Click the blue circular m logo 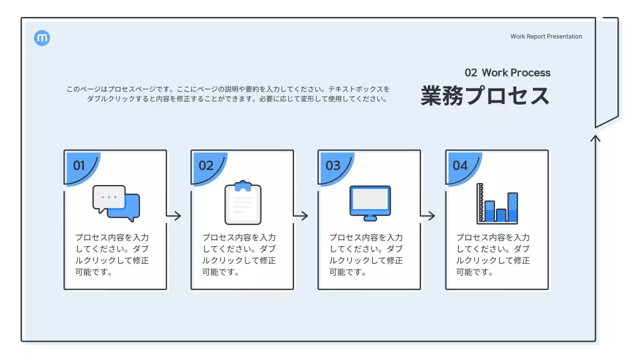point(42,38)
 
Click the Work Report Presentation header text point(546,36)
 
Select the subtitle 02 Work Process point(507,73)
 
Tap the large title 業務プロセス point(484,96)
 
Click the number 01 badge point(79,166)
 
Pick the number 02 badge point(206,166)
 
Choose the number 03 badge point(333,166)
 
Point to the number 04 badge point(460,166)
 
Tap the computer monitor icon point(370,203)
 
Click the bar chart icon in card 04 point(497,203)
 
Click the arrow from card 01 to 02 point(174,216)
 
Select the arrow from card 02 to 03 point(301,216)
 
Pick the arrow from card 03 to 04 point(428,216)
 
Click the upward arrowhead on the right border point(595,137)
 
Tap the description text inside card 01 point(112,255)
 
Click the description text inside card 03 point(366,255)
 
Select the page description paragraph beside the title point(228,94)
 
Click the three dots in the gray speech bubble point(109,197)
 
